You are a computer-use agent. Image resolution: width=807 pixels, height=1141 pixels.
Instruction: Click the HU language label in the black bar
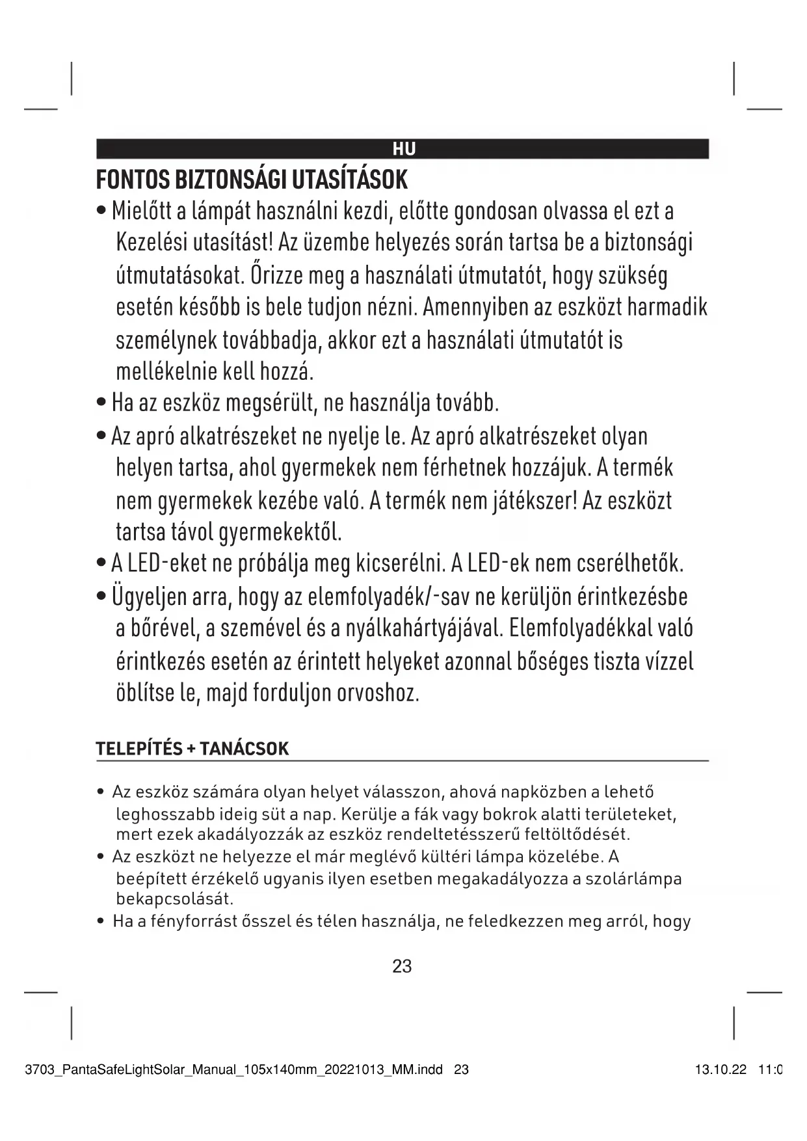click(404, 150)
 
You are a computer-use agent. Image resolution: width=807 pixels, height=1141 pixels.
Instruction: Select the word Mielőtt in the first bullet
click(140, 211)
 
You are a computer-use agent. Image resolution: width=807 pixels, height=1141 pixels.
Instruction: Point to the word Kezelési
click(151, 243)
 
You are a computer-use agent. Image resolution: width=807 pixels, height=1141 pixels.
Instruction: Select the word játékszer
click(533, 501)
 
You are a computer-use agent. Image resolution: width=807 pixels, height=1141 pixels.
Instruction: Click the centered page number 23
click(403, 967)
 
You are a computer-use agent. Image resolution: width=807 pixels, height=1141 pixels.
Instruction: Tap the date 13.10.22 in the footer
click(721, 1069)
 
